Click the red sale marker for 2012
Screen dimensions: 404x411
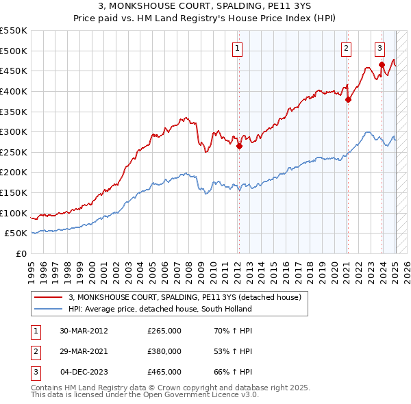pyautogui.click(x=240, y=146)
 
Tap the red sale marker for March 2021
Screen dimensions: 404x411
pyautogui.click(x=348, y=99)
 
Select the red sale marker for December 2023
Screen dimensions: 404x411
pyautogui.click(x=382, y=64)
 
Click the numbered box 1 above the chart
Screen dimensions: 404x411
pyautogui.click(x=237, y=48)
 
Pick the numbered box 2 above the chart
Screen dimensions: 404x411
pyautogui.click(x=347, y=48)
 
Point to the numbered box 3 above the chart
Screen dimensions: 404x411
pyautogui.click(x=379, y=48)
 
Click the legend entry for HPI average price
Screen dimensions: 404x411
pyautogui.click(x=160, y=309)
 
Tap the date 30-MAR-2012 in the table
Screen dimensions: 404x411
pyautogui.click(x=84, y=331)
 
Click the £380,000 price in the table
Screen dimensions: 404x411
pyautogui.click(x=164, y=351)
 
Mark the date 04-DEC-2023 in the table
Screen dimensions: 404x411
pyautogui.click(x=84, y=372)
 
